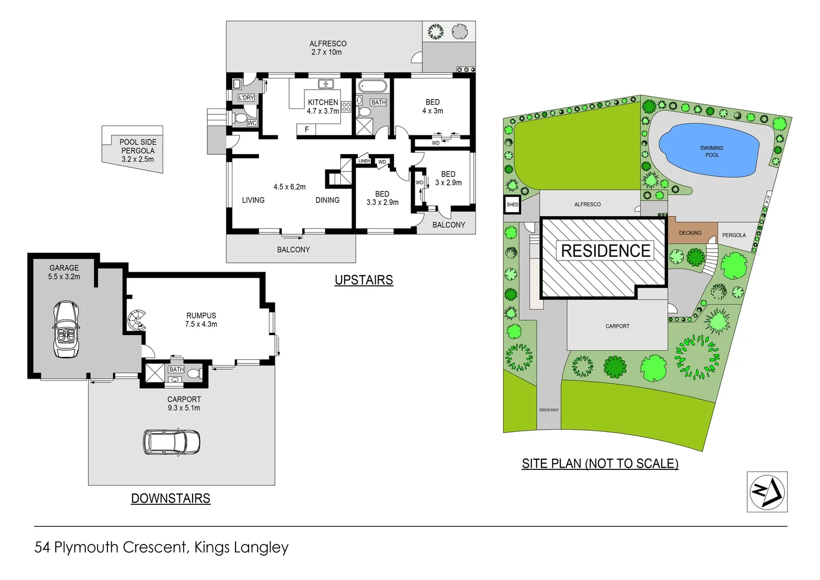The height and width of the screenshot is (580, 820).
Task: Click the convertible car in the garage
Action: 66,329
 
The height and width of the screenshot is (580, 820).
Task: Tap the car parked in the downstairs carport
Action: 171,441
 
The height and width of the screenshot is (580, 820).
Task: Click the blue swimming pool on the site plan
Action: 708,151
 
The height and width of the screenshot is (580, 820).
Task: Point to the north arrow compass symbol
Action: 767,492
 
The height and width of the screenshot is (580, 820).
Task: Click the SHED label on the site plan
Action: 512,205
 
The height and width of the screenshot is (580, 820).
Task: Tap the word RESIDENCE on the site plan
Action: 605,251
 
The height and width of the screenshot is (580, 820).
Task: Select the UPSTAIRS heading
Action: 363,280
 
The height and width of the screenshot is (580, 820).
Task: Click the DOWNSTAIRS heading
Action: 171,498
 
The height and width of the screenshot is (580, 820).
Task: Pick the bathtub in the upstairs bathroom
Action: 372,86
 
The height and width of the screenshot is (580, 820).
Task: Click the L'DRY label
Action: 246,98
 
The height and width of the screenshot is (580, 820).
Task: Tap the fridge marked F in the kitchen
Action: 306,129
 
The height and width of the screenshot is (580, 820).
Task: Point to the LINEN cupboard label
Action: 364,161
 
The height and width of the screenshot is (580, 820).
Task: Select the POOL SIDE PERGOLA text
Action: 138,146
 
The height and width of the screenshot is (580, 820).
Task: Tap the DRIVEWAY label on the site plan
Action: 548,410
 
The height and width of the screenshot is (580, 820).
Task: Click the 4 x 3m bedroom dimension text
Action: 433,111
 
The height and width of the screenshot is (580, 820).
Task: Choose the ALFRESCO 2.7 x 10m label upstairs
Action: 327,48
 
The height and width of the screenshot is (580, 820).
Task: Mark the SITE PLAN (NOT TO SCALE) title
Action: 600,463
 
